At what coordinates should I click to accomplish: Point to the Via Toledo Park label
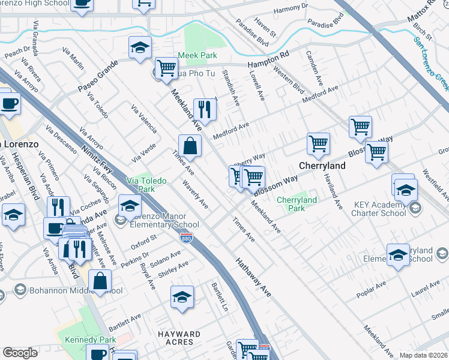[x=146, y=184]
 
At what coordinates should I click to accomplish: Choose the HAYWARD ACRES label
[x=179, y=338]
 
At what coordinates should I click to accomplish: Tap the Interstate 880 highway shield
[x=187, y=238]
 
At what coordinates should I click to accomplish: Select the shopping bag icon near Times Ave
[x=190, y=145]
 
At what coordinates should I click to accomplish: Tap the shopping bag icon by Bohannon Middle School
[x=100, y=280]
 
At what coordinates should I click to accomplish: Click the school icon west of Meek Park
[x=140, y=47]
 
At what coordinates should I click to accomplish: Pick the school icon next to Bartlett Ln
[x=182, y=297]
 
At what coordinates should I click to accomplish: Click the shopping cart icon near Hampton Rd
[x=166, y=67]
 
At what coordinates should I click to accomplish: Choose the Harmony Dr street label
[x=290, y=10]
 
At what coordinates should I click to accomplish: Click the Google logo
[x=20, y=353]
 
